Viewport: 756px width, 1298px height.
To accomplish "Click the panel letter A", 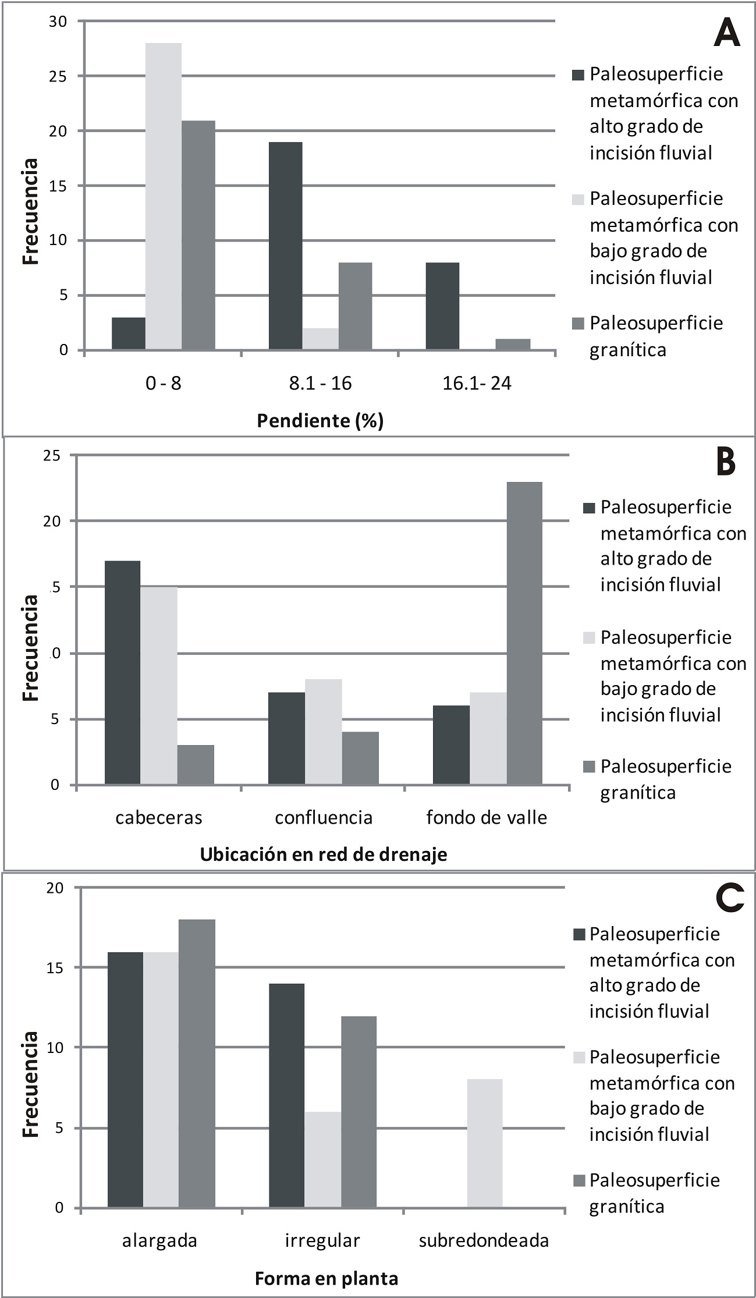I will point(726,33).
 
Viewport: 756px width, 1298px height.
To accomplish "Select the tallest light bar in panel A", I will point(163,196).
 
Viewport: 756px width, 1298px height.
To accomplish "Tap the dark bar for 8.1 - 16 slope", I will point(285,246).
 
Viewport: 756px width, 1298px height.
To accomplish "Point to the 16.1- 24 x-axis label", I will point(477,383).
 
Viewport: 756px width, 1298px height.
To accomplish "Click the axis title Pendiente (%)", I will point(320,420).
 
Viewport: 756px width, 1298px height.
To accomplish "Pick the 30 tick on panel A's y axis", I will point(58,22).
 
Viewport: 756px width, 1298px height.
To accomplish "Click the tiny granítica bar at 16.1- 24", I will point(513,344).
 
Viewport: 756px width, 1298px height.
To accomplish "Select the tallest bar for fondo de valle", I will point(524,633).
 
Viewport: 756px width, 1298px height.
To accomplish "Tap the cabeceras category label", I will point(158,818).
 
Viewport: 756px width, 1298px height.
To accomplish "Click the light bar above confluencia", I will point(323,732).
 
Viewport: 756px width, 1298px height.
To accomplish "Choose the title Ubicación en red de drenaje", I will point(324,854).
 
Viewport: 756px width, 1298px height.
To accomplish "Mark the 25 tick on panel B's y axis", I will point(52,455).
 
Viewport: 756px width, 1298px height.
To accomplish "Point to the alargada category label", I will point(159,1241).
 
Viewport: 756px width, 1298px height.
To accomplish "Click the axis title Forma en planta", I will point(326,1278).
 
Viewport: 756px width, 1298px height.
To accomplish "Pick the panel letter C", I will point(729,898).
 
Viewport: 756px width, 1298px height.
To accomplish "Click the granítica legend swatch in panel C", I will point(578,1180).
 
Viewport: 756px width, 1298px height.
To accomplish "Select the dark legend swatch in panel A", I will point(578,75).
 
